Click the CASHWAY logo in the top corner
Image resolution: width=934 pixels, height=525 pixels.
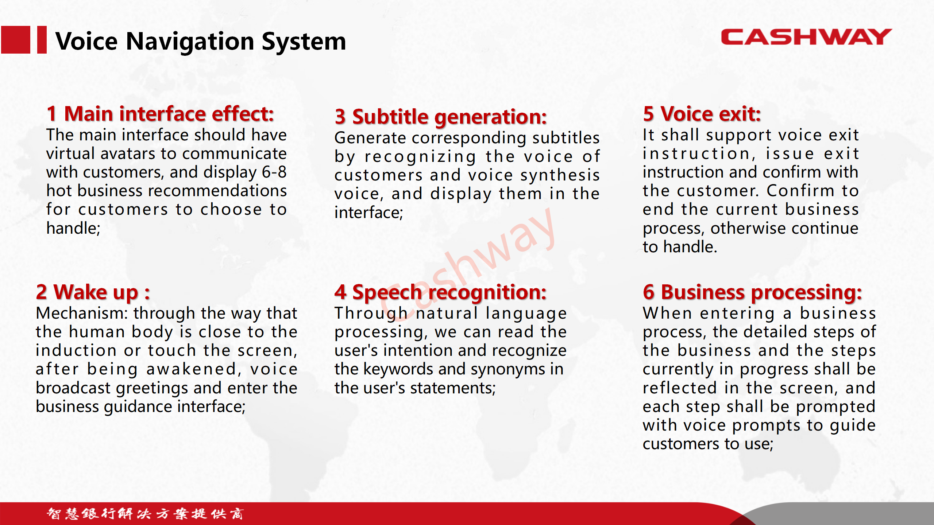pos(806,37)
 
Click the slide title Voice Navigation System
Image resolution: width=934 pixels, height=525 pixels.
pos(201,42)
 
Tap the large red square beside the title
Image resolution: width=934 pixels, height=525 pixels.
pos(15,40)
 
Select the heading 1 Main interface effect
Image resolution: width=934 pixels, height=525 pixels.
pos(160,114)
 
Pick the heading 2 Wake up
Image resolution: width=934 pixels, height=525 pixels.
pos(93,292)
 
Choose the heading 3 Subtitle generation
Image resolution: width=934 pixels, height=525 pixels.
pos(441,117)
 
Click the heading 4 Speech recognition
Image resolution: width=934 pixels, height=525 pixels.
pos(440,292)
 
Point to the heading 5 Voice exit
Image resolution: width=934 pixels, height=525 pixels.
pos(702,114)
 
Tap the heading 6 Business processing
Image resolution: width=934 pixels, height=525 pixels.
pos(752,292)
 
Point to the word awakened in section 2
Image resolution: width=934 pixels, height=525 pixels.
pos(194,369)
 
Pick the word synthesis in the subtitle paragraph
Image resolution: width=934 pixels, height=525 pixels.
pos(560,175)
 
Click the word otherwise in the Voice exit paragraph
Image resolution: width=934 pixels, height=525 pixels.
pos(748,228)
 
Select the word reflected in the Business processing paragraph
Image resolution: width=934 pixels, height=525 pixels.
pos(680,388)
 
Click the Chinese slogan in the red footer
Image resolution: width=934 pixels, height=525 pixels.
pos(145,513)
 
